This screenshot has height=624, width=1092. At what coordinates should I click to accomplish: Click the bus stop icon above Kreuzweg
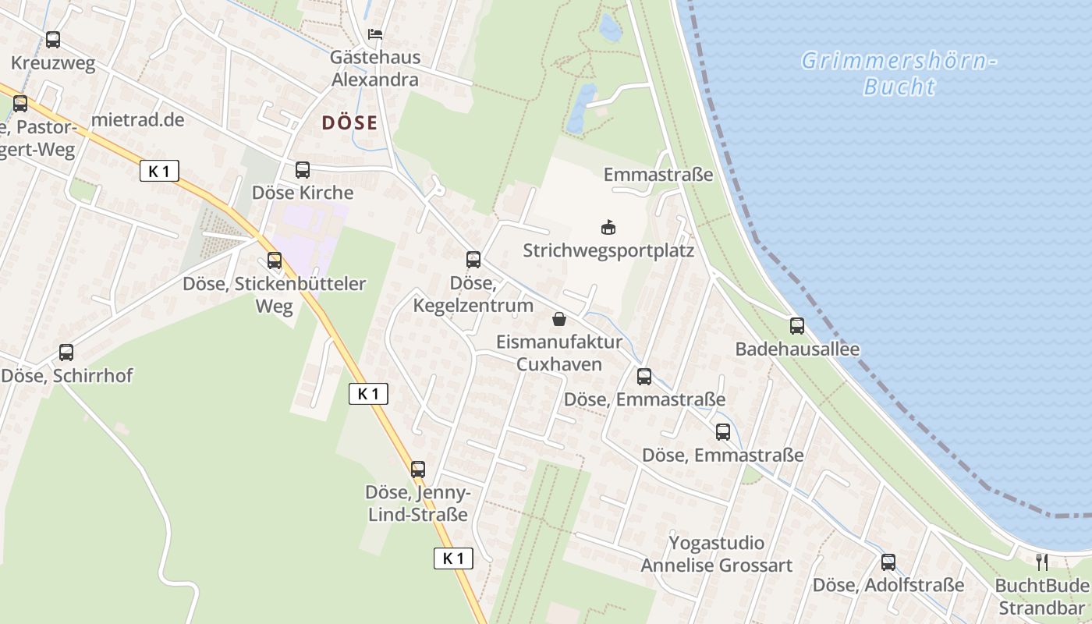click(53, 39)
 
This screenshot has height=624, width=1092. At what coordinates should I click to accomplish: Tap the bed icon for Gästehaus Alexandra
click(375, 34)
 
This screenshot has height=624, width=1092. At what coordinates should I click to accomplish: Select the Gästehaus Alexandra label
click(375, 69)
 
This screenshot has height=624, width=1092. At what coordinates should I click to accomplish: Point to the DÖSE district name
click(349, 122)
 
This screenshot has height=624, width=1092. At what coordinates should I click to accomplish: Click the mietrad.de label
click(137, 119)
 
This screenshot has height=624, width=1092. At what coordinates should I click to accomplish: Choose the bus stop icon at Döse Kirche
click(303, 169)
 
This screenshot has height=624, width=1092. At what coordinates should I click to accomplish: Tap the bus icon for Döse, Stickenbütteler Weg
click(275, 261)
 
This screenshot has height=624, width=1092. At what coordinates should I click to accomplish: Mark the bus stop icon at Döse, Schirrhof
click(66, 353)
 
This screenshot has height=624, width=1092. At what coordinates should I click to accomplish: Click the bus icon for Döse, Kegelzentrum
click(473, 260)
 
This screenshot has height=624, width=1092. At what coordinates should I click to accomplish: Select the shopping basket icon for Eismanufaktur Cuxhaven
click(559, 319)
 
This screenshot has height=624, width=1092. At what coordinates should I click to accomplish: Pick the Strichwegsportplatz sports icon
click(608, 228)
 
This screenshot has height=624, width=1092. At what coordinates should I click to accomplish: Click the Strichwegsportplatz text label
click(608, 251)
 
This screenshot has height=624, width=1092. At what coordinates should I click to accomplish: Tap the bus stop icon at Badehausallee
click(797, 326)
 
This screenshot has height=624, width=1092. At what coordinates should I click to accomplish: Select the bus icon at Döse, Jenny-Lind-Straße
click(418, 469)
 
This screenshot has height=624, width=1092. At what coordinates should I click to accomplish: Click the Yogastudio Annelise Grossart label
click(716, 554)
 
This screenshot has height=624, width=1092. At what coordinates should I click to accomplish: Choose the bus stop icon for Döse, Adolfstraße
click(888, 562)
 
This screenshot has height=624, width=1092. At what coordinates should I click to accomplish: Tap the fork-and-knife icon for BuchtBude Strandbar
click(1042, 562)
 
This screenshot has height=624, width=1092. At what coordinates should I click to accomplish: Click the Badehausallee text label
click(797, 349)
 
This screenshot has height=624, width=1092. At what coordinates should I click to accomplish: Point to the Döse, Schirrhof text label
click(67, 376)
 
